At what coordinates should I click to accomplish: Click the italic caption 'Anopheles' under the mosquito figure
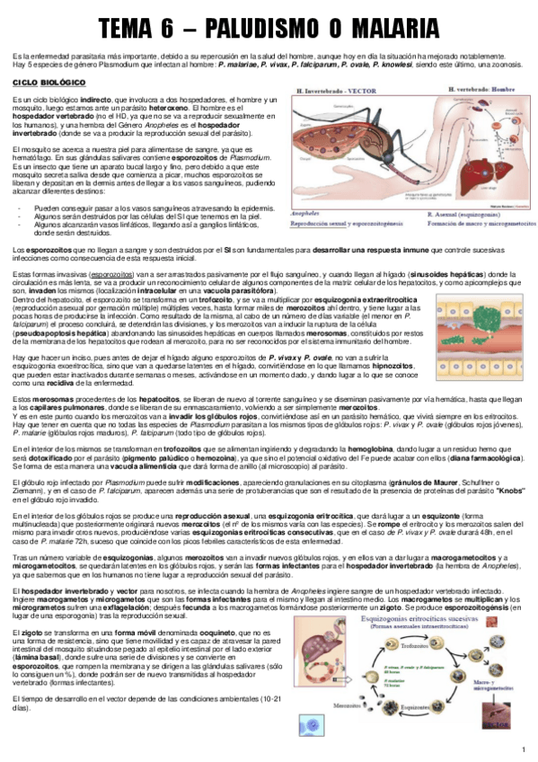(x=304, y=213)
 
